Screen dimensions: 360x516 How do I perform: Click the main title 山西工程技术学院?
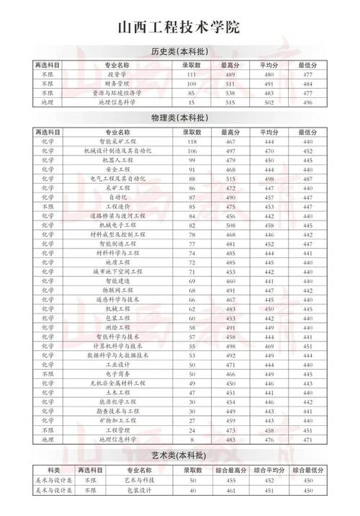(x=179, y=27)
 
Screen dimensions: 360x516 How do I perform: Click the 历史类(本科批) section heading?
(x=179, y=52)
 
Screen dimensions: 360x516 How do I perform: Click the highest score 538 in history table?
(x=230, y=94)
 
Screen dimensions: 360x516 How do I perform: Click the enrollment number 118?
(x=192, y=142)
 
